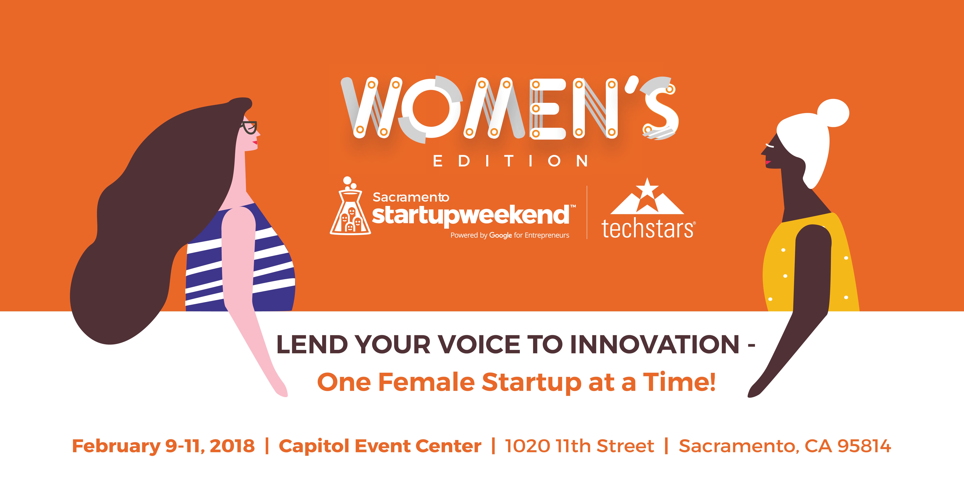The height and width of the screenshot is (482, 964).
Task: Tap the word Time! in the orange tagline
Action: tap(679, 382)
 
